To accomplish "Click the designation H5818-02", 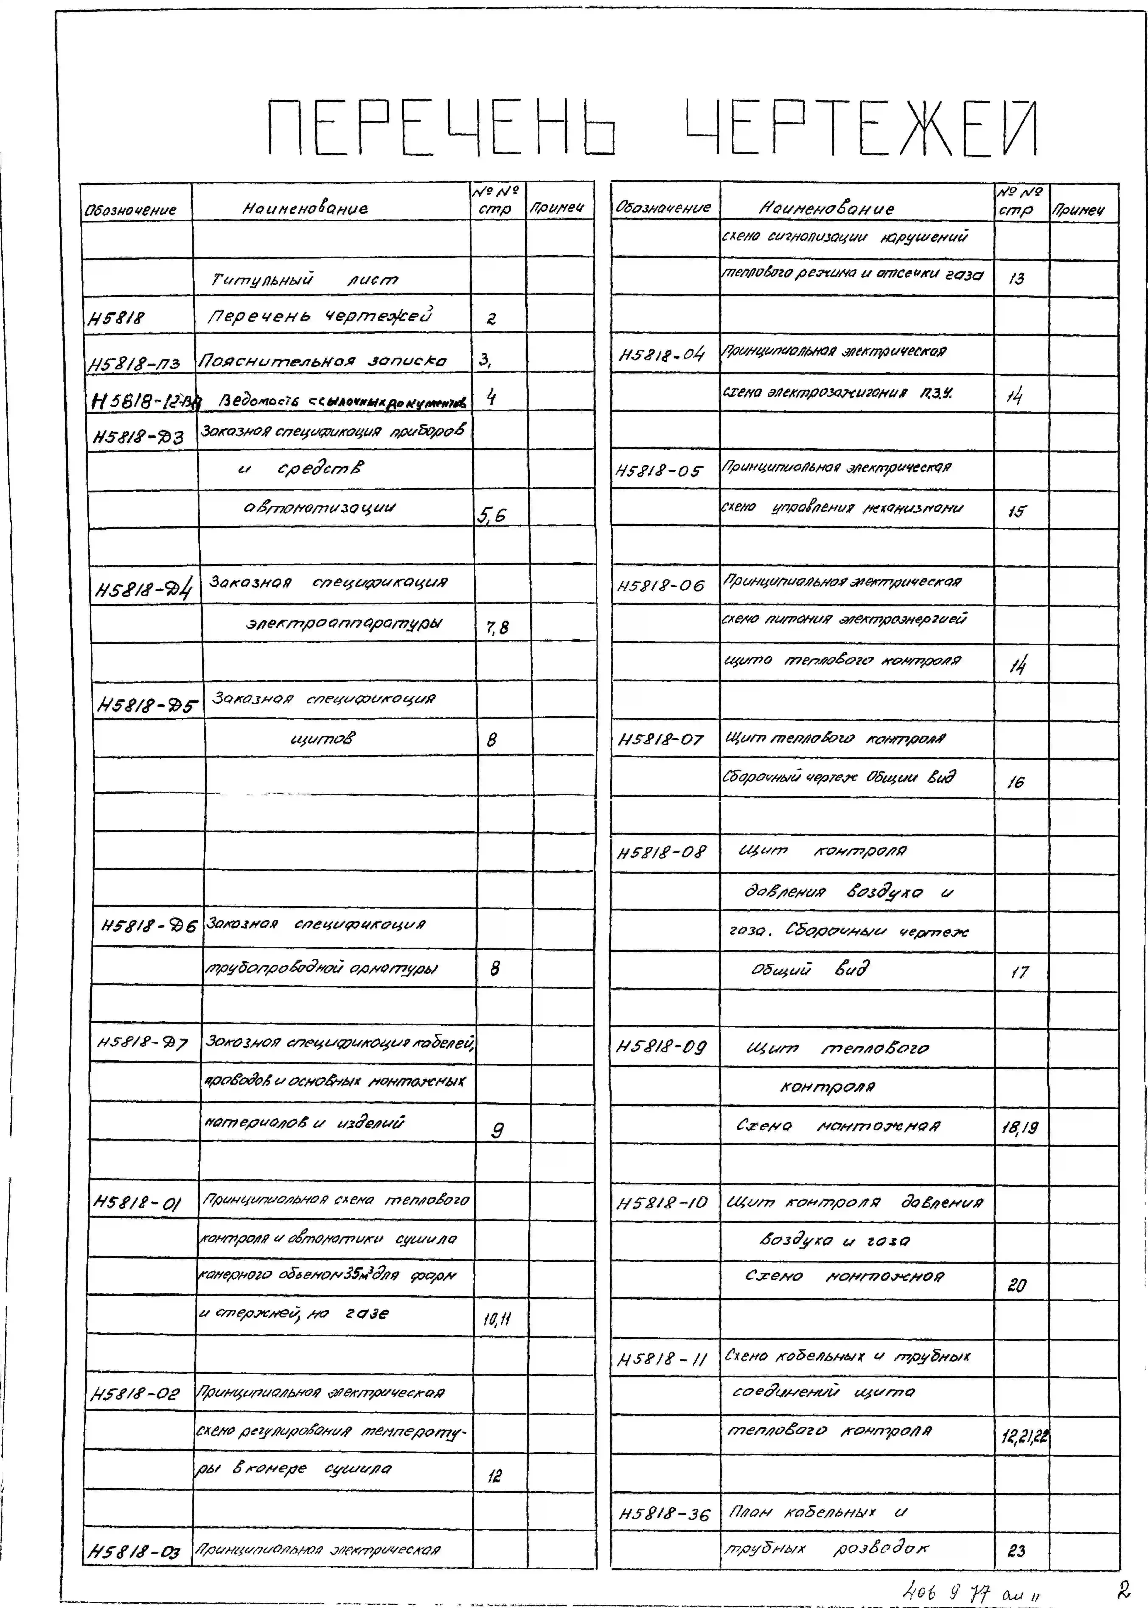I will pos(136,1394).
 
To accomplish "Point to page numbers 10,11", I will pos(497,1318).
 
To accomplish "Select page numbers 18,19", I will pos(1020,1128).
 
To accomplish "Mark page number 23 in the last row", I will pos(1016,1551).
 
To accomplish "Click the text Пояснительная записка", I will pos(322,361).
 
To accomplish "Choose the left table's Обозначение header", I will pos(131,210).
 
